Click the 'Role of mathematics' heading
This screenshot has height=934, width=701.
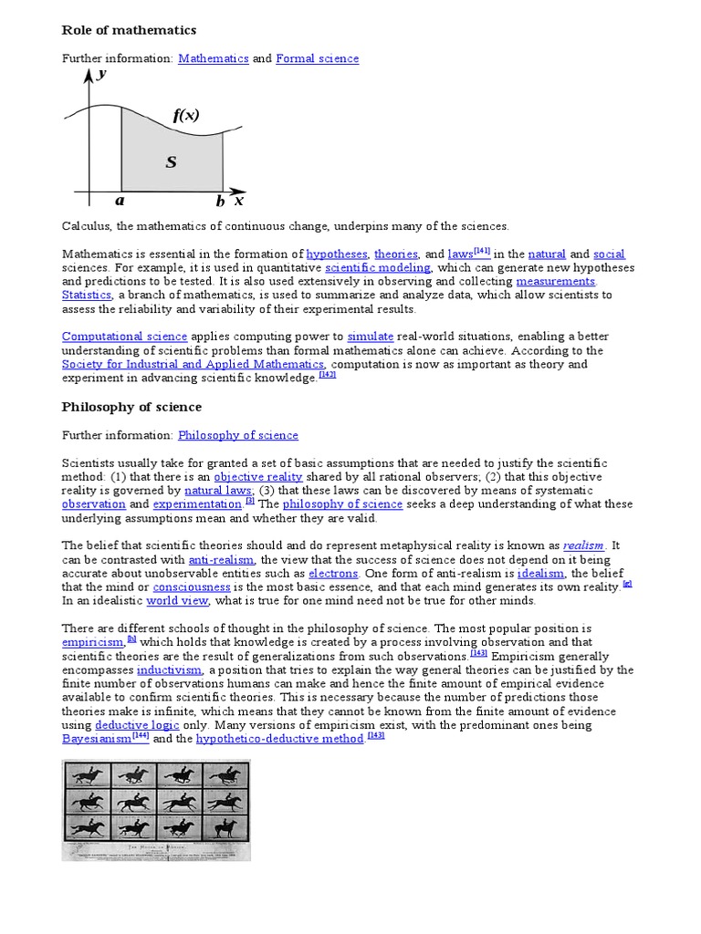pos(129,30)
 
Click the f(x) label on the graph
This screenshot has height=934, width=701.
pos(185,116)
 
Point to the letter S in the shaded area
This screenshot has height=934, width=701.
pos(171,162)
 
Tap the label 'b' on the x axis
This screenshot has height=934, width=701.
pos(220,202)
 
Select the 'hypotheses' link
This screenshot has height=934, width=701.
pos(337,254)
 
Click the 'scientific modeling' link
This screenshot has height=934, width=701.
pos(377,267)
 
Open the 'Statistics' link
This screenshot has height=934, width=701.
pos(87,295)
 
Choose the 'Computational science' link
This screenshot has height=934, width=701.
pos(124,337)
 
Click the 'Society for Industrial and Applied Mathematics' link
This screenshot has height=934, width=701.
pos(192,364)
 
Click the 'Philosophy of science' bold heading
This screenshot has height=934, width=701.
pos(131,407)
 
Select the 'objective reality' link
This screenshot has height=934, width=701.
pos(257,476)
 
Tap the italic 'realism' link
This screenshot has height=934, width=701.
pos(583,545)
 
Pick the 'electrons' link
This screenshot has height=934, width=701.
pos(332,573)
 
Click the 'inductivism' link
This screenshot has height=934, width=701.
pos(169,669)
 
